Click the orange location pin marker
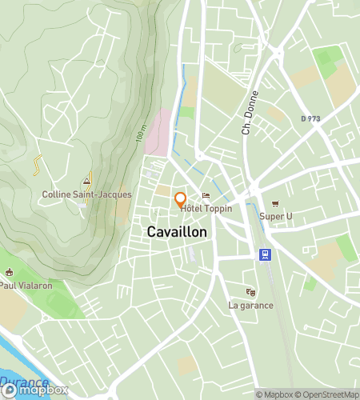[180, 199]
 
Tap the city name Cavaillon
[177, 232]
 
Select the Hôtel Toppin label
[206, 209]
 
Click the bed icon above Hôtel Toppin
[206, 196]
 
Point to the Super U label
[276, 216]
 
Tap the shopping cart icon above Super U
[275, 203]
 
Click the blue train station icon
[263, 255]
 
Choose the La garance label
[250, 305]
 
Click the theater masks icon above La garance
[250, 292]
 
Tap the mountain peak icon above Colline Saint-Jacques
[86, 182]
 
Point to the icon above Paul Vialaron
[9, 272]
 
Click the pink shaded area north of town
[159, 132]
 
